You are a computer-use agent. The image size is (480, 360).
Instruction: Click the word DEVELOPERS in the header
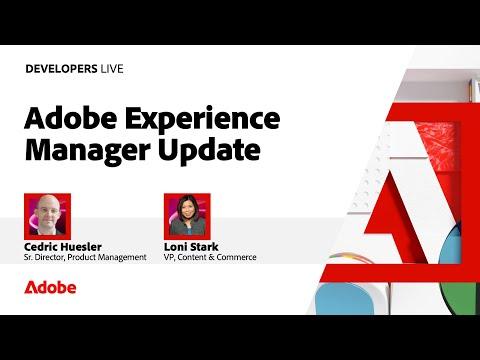[61, 69]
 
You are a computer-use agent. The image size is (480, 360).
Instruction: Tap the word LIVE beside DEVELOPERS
[112, 69]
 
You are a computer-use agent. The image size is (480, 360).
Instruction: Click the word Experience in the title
[203, 120]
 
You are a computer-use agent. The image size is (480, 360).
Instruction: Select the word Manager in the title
[88, 151]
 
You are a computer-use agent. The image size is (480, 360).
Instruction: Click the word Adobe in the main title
[71, 118]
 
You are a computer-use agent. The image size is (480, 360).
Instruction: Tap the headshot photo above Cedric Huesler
[47, 216]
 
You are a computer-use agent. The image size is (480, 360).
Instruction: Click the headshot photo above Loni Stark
[187, 216]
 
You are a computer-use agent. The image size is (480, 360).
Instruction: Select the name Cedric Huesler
[63, 247]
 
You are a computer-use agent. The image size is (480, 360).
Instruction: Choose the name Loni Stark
[191, 247]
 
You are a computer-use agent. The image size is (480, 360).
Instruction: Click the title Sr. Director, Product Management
[85, 257]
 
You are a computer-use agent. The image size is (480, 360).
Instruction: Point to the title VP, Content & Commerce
[210, 257]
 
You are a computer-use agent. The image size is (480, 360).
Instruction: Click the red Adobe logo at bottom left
[50, 287]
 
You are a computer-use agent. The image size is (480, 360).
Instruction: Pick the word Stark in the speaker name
[205, 247]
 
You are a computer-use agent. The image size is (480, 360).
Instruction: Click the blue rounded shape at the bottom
[345, 299]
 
